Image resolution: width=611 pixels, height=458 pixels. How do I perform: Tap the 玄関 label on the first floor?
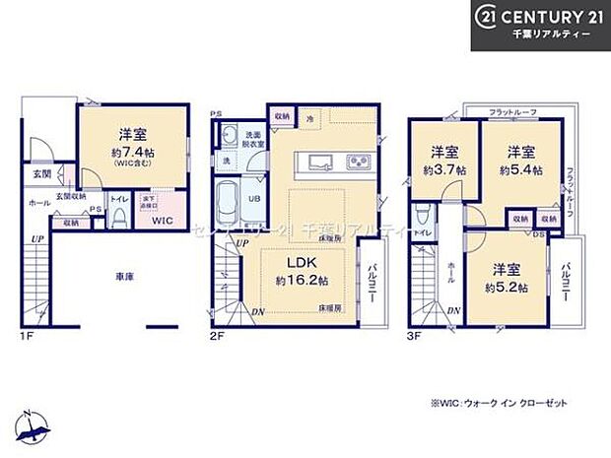(33, 175)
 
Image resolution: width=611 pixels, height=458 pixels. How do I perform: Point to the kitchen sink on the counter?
(322, 163)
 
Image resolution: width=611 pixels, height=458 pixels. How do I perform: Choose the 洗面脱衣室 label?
(252, 139)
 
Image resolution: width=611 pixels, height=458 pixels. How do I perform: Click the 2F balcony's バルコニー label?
(375, 282)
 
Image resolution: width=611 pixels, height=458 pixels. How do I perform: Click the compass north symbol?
(37, 425)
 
